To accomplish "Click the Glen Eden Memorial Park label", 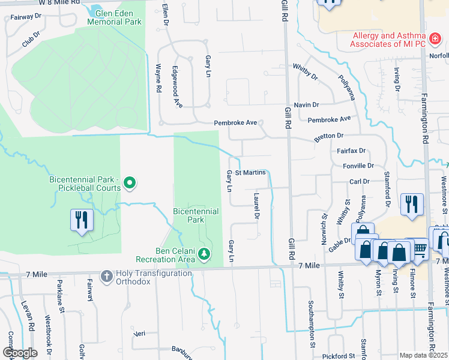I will pyautogui.click(x=114, y=17).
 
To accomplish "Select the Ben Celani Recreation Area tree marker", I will pyautogui.click(x=205, y=255).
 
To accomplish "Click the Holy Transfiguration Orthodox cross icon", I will pyautogui.click(x=106, y=276).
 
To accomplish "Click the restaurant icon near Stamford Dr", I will pyautogui.click(x=411, y=204).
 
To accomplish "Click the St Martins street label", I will pyautogui.click(x=250, y=173).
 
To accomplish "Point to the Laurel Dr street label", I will pyautogui.click(x=256, y=205).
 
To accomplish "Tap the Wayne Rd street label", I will pyautogui.click(x=159, y=78).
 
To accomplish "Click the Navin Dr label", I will pyautogui.click(x=306, y=105).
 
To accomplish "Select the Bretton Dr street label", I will pyautogui.click(x=328, y=137).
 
